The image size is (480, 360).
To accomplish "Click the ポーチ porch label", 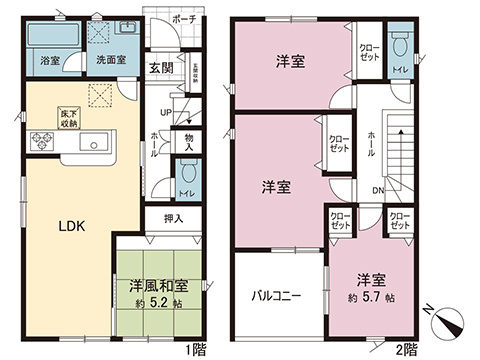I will click(x=181, y=18).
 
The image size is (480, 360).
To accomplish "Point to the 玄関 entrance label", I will click(x=161, y=68).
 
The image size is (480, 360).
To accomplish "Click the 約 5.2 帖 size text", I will click(x=159, y=303).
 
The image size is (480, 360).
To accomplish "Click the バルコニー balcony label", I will click(x=276, y=297).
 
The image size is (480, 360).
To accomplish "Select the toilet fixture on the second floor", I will click(x=400, y=47).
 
